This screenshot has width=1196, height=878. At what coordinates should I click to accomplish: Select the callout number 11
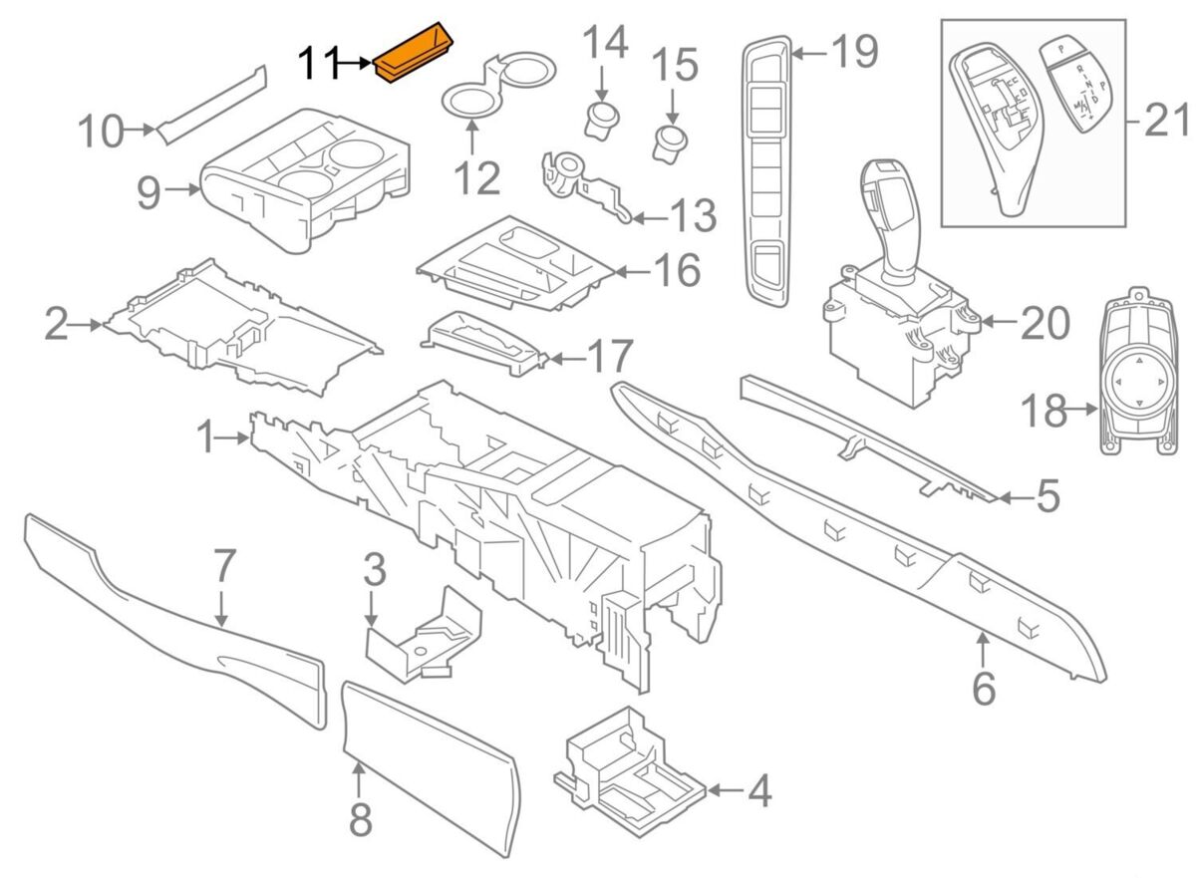click(x=320, y=65)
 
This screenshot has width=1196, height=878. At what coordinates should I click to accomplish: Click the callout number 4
click(x=758, y=791)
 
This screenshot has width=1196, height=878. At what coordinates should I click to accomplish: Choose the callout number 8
click(x=360, y=819)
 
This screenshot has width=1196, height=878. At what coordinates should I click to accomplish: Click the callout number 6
click(x=983, y=688)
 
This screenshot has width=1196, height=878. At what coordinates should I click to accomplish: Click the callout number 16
click(x=677, y=270)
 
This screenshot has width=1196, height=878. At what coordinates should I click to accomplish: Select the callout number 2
click(x=57, y=325)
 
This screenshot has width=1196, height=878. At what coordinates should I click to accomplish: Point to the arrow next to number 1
click(x=235, y=437)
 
